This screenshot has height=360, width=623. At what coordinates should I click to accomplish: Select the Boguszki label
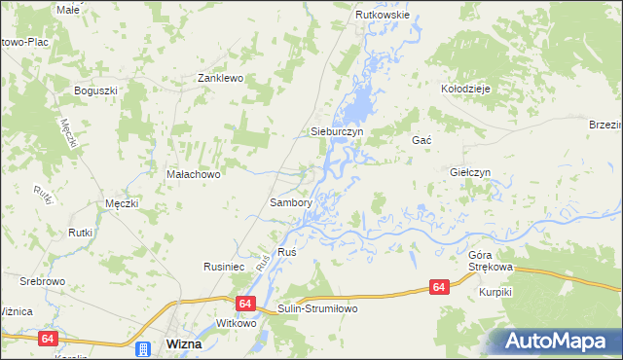point(95,90)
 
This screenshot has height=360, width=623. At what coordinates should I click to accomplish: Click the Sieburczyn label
point(336,130)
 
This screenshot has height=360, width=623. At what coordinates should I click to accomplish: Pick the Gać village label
point(421,140)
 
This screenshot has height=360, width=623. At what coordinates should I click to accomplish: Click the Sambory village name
point(290,203)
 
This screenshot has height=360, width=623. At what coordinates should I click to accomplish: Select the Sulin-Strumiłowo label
point(317,308)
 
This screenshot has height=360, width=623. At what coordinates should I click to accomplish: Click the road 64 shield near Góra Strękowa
point(439,287)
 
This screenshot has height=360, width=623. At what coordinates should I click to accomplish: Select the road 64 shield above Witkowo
point(243,305)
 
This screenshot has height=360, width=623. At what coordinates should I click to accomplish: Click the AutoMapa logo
point(554,342)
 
